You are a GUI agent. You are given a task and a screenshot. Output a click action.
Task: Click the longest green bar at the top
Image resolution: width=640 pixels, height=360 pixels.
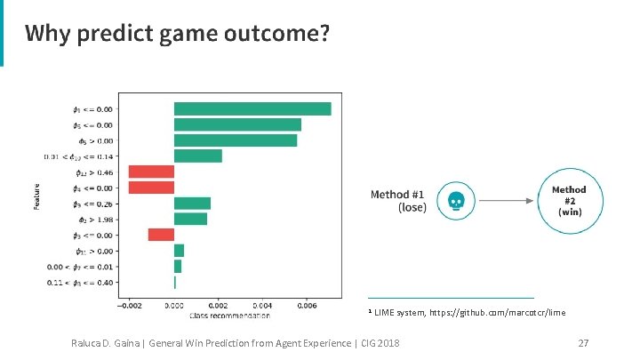(252, 109)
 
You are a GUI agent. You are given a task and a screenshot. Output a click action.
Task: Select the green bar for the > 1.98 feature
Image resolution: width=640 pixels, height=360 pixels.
(190, 219)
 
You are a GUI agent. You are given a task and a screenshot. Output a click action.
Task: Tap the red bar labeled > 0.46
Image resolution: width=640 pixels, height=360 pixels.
(151, 172)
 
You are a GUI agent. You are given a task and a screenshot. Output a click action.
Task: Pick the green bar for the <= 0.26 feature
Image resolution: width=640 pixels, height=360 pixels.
(192, 203)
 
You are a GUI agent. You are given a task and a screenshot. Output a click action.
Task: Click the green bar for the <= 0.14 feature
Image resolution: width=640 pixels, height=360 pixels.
(197, 156)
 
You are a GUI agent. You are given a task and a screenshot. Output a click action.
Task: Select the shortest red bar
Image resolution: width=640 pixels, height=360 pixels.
(161, 235)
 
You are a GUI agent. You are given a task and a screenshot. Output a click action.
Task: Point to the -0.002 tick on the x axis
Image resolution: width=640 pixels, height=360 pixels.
(129, 305)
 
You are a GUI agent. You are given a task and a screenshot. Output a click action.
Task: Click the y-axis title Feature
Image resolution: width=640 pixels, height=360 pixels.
(37, 196)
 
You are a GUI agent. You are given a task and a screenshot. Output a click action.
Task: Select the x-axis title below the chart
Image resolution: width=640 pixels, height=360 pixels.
(229, 315)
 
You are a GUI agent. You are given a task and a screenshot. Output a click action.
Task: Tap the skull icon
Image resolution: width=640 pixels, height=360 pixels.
(456, 202)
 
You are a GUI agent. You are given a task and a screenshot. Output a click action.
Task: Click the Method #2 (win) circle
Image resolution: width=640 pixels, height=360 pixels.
(570, 202)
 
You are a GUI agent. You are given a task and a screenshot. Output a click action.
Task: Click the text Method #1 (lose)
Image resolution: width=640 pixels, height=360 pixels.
(399, 201)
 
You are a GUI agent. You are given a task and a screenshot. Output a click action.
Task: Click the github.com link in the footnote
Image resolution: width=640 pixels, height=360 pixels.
(497, 313)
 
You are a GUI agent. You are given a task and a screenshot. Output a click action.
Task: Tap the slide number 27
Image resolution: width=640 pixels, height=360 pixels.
(584, 343)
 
